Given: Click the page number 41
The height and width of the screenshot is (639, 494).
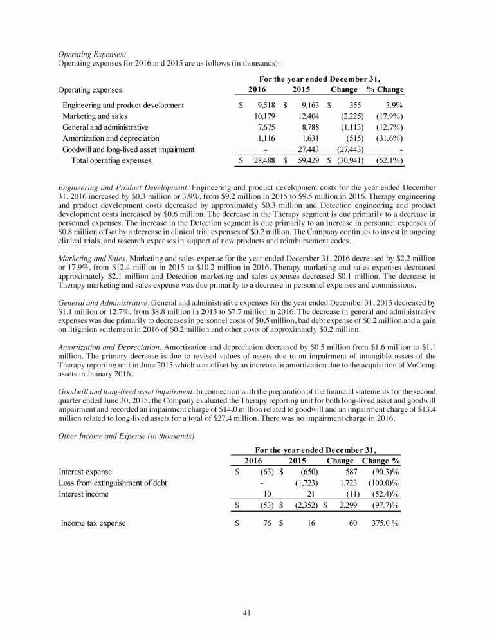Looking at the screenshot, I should (x=247, y=613).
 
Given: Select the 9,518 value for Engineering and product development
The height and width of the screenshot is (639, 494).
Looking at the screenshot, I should (x=266, y=104).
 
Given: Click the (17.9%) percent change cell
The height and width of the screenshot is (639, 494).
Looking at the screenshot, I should (x=387, y=116).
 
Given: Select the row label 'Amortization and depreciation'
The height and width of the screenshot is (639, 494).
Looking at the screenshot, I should (x=110, y=138).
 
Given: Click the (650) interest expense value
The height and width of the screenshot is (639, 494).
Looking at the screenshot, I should (x=307, y=471).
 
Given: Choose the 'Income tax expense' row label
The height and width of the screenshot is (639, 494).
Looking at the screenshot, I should (x=93, y=523).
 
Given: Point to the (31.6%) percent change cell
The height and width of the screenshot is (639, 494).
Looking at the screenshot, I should (x=387, y=138).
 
